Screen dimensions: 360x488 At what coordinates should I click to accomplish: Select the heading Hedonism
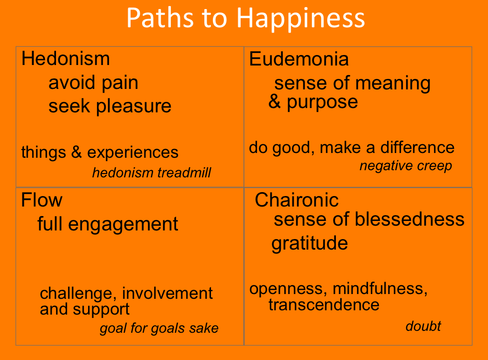[66, 59]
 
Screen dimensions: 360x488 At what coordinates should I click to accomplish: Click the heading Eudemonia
[299, 59]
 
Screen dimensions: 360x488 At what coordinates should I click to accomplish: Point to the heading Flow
[42, 200]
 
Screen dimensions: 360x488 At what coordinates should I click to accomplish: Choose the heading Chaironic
[297, 200]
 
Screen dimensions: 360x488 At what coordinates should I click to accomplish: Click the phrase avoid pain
[93, 83]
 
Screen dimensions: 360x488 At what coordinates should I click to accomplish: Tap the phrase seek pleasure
[110, 106]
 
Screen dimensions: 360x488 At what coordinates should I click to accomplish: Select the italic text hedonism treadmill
[152, 173]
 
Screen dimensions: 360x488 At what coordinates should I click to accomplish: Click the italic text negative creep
[406, 166]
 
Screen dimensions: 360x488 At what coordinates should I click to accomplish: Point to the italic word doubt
[423, 327]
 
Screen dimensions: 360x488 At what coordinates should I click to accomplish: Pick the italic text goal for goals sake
[159, 328]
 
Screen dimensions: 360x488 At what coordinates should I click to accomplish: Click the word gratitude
[310, 243]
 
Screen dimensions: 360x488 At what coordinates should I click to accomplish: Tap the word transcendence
[324, 305]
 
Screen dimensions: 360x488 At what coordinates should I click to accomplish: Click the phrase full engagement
[108, 224]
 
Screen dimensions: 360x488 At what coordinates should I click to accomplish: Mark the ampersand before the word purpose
[275, 102]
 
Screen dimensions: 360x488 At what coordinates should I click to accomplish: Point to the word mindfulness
[377, 289]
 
